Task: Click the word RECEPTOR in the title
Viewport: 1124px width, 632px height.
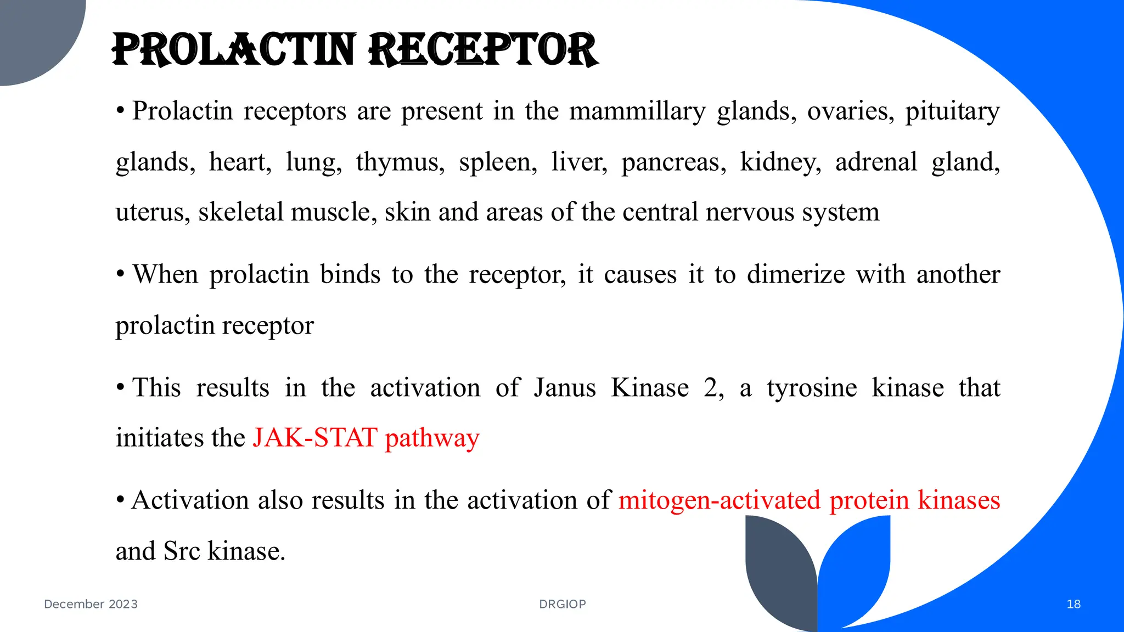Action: (x=483, y=50)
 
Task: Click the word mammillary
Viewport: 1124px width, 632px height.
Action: (x=637, y=111)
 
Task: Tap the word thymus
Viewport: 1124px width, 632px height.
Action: (x=400, y=162)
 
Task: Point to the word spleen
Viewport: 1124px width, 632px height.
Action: (x=497, y=162)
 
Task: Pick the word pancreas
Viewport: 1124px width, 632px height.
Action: (x=673, y=162)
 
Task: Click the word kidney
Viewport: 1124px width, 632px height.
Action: (x=780, y=162)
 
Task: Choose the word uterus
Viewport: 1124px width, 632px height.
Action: (x=152, y=212)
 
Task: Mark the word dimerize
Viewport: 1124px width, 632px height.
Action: (x=795, y=274)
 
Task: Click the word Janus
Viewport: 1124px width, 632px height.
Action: (x=565, y=388)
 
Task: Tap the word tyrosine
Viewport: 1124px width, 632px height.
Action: (x=812, y=388)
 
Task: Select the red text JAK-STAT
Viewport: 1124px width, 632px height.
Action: (x=315, y=438)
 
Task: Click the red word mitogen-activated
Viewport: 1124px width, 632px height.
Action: (x=720, y=500)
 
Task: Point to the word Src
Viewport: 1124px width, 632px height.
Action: (x=182, y=551)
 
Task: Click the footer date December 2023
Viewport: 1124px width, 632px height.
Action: (x=91, y=604)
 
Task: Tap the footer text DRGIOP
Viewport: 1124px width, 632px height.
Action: (x=563, y=604)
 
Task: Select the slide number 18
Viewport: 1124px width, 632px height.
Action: (x=1074, y=604)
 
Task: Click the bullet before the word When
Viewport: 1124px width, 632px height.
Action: (x=120, y=273)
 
